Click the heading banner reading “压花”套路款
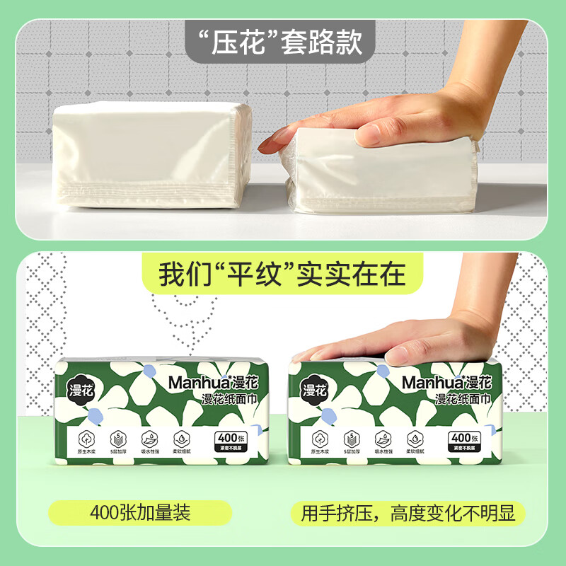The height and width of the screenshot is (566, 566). [x=282, y=42]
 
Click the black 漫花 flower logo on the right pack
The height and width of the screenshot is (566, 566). [x=315, y=389]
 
